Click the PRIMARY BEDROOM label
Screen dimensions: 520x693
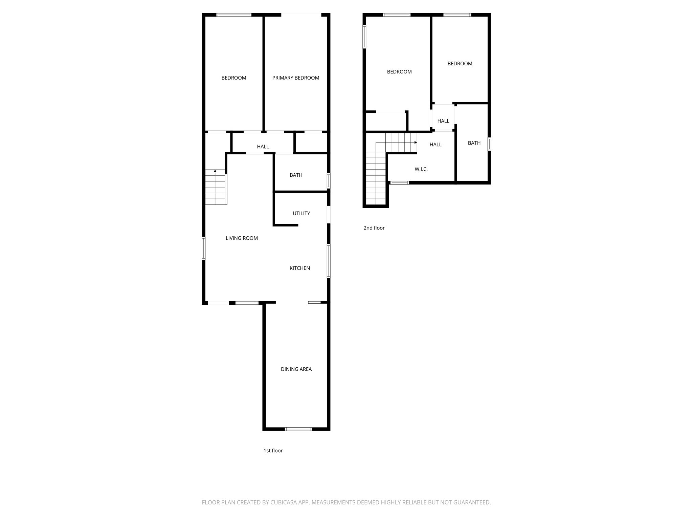[296, 78]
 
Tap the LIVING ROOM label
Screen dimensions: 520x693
[242, 238]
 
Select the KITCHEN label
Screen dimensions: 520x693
[299, 268]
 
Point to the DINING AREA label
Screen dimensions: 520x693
[296, 369]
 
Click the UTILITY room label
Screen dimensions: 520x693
[301, 213]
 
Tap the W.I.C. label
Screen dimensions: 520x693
[421, 169]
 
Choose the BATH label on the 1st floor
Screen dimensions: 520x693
[296, 175]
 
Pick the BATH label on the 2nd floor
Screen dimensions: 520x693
[474, 143]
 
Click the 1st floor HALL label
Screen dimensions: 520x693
[263, 147]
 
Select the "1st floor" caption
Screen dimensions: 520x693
[273, 451]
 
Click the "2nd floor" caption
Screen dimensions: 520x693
[374, 228]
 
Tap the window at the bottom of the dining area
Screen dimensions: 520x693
[298, 429]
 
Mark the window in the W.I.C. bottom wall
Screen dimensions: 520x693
[399, 183]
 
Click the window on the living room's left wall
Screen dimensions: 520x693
[204, 248]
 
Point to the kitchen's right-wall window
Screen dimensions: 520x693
[328, 261]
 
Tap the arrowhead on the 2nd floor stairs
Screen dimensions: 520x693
[416, 143]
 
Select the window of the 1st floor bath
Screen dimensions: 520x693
[328, 181]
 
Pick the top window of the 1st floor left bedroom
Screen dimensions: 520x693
[234, 15]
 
